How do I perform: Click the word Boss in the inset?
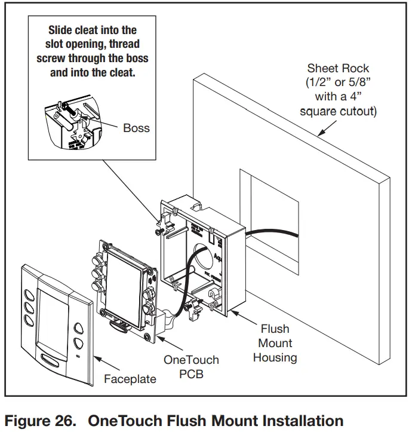coord(137,128)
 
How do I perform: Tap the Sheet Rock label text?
coord(338,68)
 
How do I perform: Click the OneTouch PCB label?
coord(191,366)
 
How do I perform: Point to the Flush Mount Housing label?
coord(275,343)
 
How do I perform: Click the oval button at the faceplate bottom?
coord(53,360)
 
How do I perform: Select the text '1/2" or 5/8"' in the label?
coord(338,82)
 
